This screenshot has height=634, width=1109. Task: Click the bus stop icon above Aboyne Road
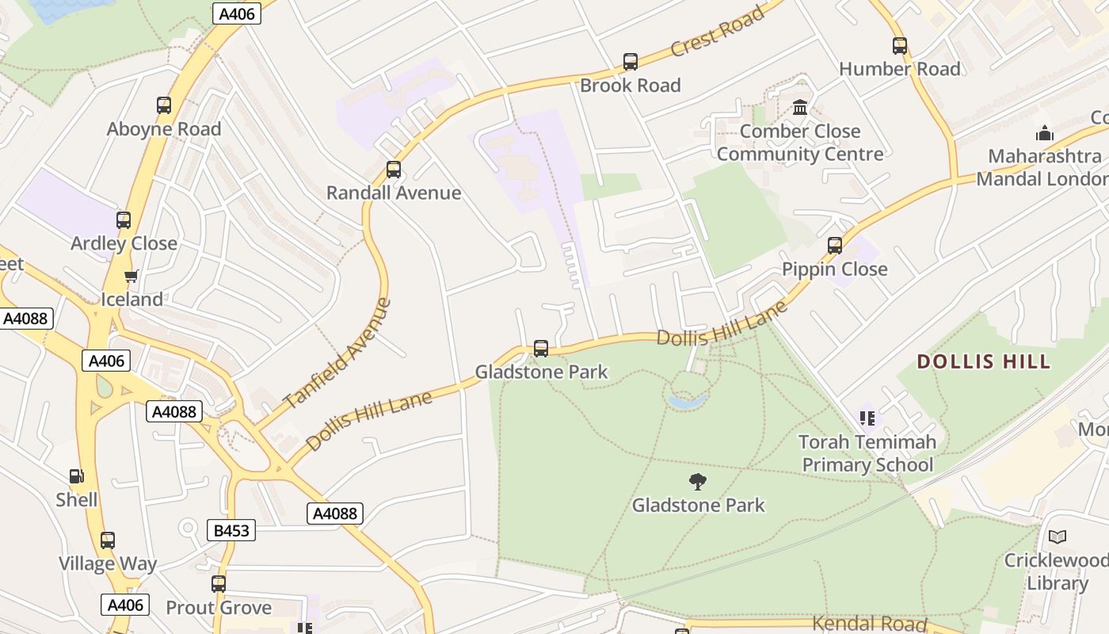coord(164,105)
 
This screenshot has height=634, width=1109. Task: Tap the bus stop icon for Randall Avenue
coord(393,169)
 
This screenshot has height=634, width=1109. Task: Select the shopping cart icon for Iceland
coord(131,276)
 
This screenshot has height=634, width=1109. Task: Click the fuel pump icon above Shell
coord(77,476)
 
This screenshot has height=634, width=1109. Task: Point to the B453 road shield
coord(231,530)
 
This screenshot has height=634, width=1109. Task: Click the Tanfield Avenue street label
coord(337,353)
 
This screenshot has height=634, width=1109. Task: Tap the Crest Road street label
coord(718,32)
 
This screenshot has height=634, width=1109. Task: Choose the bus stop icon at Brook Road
coord(630,61)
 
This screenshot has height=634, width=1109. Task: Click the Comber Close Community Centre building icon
coord(800,107)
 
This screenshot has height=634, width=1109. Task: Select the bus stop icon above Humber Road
coord(899,45)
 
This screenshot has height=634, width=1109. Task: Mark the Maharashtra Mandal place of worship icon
coord(1045,132)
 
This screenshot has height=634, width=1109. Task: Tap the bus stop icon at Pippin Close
coord(834,245)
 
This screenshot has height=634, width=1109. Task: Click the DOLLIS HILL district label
coord(983,361)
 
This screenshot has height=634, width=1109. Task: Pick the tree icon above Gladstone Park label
coord(697,481)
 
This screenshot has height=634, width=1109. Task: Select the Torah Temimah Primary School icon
coord(867,418)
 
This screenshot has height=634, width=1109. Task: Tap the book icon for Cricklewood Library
coord(1057,537)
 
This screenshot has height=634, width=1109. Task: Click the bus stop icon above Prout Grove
coord(219,584)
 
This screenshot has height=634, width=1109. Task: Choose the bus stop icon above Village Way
coord(108,540)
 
